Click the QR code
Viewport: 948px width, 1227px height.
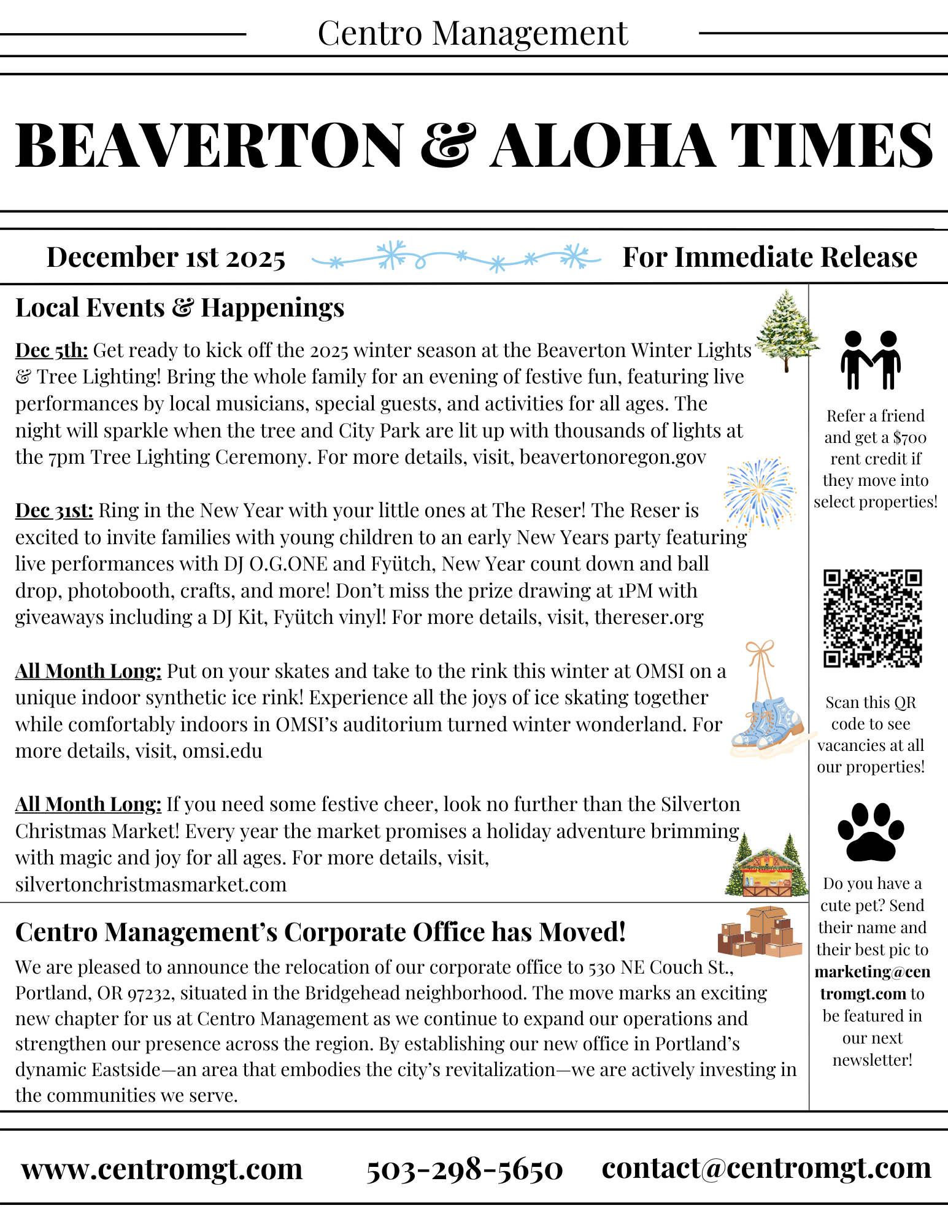tap(872, 618)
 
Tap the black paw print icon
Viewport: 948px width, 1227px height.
tap(871, 832)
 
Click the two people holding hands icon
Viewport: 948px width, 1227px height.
tap(871, 360)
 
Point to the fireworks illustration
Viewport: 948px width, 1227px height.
tap(760, 493)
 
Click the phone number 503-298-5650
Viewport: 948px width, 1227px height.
tap(464, 1169)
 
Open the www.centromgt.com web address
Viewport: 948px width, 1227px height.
tap(162, 1169)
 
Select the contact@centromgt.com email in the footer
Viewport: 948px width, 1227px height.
tap(766, 1168)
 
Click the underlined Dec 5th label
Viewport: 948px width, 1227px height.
tap(52, 350)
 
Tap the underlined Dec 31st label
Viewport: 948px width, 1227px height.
tap(54, 510)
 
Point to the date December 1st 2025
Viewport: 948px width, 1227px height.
tap(166, 257)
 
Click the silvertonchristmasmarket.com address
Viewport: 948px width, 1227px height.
tap(151, 884)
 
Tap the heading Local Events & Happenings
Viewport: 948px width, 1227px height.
tap(180, 307)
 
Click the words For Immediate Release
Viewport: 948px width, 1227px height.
tap(769, 257)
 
